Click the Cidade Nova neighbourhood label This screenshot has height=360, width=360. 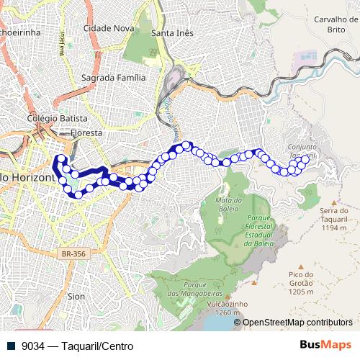[x=109, y=28]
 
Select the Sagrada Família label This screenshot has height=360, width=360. [x=114, y=77]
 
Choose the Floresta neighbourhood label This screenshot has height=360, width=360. [x=86, y=133]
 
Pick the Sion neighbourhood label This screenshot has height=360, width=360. [x=76, y=296]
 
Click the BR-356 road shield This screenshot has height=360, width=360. [x=73, y=254]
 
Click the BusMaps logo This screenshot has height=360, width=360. [x=325, y=345]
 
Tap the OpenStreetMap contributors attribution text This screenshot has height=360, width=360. [x=297, y=323]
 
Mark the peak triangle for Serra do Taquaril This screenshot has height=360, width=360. [x=333, y=203]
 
